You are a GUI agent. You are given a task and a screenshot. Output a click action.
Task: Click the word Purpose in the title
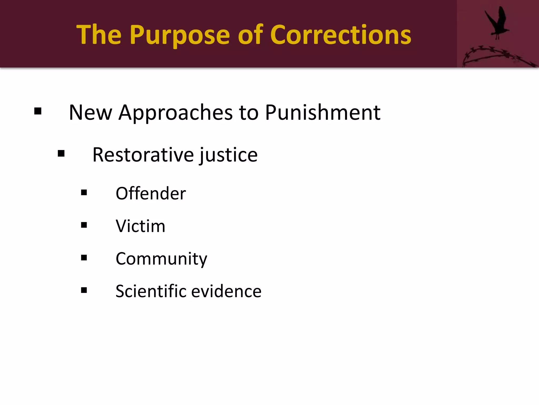[180, 35]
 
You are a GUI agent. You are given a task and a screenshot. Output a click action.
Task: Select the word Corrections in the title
[341, 35]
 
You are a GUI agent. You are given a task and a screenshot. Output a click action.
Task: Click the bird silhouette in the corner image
[497, 23]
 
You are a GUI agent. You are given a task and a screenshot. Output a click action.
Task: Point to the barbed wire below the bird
[497, 56]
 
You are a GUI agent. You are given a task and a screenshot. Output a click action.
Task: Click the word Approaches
[176, 113]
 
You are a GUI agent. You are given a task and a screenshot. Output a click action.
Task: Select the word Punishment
[323, 113]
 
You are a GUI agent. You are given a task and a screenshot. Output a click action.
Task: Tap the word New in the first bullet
[91, 113]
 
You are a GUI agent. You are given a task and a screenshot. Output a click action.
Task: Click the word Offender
[151, 194]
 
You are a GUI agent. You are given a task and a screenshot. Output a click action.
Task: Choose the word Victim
[141, 226]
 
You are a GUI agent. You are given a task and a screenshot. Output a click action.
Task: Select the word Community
[161, 259]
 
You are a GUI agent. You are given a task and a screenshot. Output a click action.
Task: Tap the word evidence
[226, 291]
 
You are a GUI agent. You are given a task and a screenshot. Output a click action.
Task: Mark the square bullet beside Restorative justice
[61, 153]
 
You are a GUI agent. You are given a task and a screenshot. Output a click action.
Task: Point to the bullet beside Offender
[84, 192]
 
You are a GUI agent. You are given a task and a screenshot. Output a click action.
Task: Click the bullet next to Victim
[84, 225]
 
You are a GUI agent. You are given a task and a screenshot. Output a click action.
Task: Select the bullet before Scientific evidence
[84, 290]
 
